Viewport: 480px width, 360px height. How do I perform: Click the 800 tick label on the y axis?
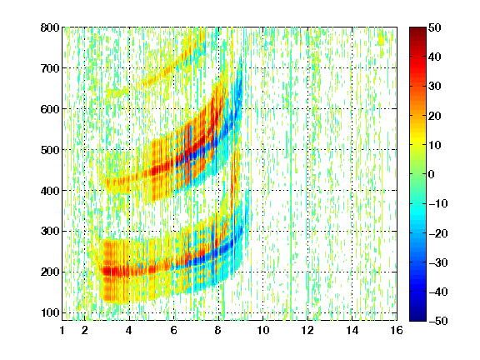50,27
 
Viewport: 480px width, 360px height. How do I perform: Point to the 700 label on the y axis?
50,68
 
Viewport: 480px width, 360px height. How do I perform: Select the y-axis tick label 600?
50,109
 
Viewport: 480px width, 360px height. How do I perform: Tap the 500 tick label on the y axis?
50,150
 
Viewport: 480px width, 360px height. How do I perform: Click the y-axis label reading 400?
50,191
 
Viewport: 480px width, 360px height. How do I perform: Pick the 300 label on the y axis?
50,232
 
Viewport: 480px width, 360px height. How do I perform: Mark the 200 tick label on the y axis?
50,272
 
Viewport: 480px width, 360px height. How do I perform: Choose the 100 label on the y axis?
50,312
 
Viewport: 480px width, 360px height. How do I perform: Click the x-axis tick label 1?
62,330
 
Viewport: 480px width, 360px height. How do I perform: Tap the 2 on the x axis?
85,330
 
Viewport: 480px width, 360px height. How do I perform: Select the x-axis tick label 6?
174,330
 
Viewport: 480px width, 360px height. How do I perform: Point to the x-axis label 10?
263,330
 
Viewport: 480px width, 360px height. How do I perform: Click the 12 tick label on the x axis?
307,330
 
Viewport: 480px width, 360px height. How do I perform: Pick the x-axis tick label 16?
397,330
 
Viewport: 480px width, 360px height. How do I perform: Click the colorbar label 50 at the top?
435,27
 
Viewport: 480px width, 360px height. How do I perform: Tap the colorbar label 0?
432,174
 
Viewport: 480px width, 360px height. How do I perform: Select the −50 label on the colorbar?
438,321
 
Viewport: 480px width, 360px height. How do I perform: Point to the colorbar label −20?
438,233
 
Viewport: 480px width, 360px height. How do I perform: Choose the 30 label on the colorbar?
435,87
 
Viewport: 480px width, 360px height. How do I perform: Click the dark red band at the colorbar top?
417,32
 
